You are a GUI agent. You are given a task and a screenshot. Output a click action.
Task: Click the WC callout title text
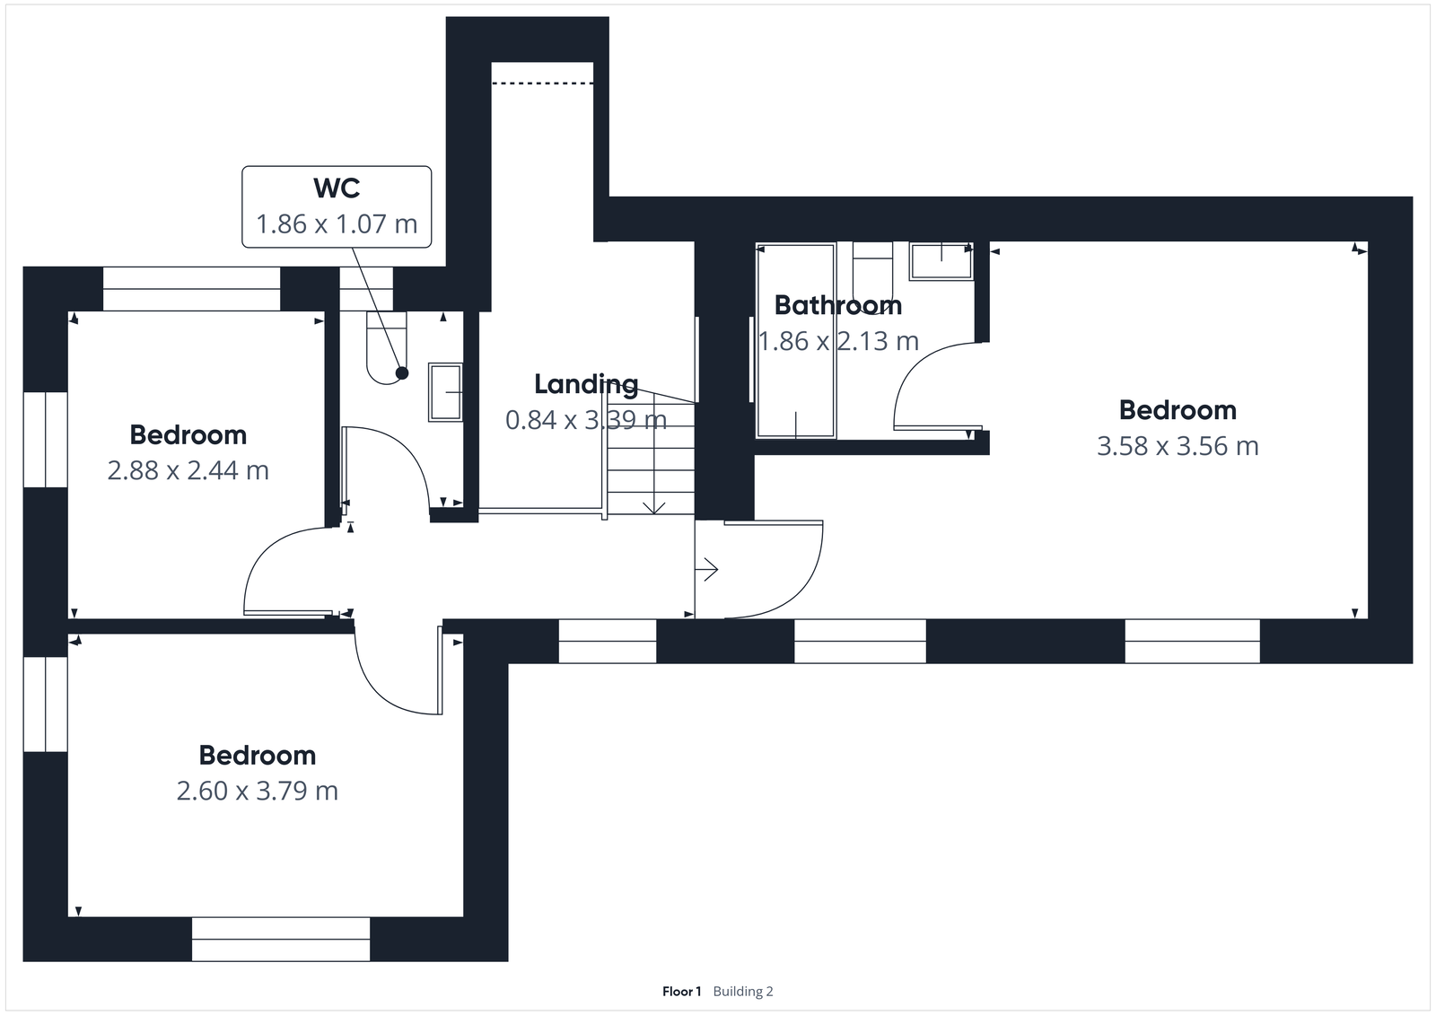tap(337, 188)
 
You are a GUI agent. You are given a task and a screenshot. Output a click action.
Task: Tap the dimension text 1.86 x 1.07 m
tap(337, 223)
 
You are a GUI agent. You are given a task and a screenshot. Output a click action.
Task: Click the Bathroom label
tap(837, 306)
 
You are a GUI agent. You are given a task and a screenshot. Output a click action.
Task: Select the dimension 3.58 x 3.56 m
tap(1178, 446)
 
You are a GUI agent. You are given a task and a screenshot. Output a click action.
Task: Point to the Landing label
tap(586, 384)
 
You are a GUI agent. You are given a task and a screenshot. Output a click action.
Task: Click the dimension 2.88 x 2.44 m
tap(188, 470)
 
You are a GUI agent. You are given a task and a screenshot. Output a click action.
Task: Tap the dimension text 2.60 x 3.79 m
tap(257, 791)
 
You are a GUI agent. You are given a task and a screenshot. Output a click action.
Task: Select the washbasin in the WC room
tap(445, 392)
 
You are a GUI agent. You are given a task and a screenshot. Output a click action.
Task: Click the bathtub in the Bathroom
tap(796, 341)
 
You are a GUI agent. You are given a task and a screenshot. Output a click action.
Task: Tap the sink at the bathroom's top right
tap(941, 262)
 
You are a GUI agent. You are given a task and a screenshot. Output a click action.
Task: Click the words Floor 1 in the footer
tap(681, 992)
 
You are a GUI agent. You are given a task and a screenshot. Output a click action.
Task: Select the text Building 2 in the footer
tap(743, 992)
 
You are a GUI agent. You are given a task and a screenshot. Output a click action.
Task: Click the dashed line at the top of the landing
tap(543, 83)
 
